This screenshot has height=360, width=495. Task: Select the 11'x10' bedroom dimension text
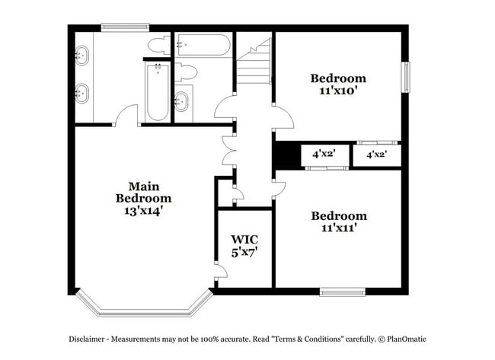pyautogui.click(x=338, y=90)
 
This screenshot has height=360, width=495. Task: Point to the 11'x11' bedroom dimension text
pyautogui.click(x=338, y=227)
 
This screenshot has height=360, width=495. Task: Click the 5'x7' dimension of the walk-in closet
pyautogui.click(x=244, y=252)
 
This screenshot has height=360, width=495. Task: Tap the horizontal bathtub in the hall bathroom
pyautogui.click(x=201, y=46)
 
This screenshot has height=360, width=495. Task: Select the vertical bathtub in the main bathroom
pyautogui.click(x=157, y=93)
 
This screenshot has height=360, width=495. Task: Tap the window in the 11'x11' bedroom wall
pyautogui.click(x=341, y=290)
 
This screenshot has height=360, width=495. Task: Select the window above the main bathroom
pyautogui.click(x=125, y=28)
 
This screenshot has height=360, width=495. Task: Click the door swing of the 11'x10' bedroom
pyautogui.click(x=283, y=119)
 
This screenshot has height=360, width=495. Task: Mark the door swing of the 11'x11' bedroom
pyautogui.click(x=280, y=186)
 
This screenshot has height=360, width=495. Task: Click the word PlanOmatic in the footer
pyautogui.click(x=408, y=339)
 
